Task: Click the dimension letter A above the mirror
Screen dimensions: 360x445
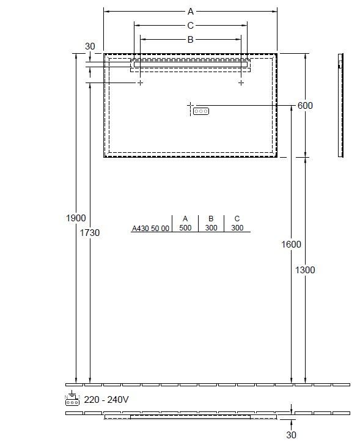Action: [x=191, y=12]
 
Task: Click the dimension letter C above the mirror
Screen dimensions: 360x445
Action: [x=190, y=26]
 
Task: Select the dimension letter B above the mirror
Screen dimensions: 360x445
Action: [x=190, y=40]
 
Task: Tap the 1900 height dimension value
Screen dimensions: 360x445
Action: [x=76, y=218]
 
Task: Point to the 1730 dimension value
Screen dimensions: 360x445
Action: [x=90, y=233]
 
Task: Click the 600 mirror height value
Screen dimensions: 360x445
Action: [x=305, y=106]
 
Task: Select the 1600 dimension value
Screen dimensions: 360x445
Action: [x=291, y=244]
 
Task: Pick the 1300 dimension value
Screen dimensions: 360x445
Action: [x=305, y=270]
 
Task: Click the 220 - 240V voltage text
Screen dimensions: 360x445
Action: [x=106, y=400]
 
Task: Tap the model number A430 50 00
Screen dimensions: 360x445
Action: [x=150, y=229]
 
